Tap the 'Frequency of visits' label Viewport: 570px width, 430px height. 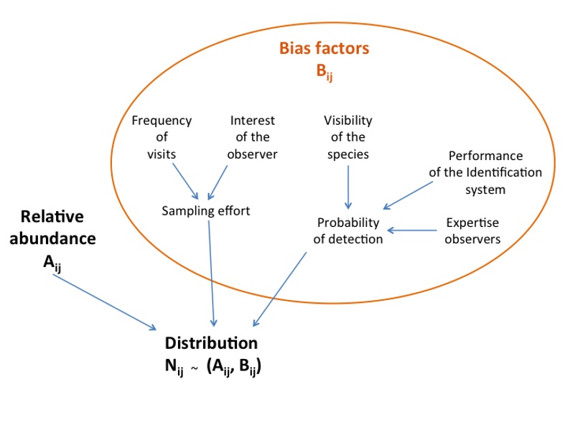[162, 137]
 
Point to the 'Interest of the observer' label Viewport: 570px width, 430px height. [252, 137]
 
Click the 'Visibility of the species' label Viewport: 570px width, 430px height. [348, 137]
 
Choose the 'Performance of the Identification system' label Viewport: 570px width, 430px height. [485, 172]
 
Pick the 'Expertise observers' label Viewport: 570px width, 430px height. [472, 230]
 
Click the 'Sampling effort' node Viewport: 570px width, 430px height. [205, 210]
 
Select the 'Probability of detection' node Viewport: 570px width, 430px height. [348, 230]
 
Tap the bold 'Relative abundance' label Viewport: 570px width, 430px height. [53, 228]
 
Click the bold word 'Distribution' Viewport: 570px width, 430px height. [211, 342]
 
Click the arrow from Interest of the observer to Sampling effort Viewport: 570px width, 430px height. [218, 182]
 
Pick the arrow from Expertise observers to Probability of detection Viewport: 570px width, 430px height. [412, 230]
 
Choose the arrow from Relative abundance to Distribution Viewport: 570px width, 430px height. [104, 302]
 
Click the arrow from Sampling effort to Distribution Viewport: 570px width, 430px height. [211, 273]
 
